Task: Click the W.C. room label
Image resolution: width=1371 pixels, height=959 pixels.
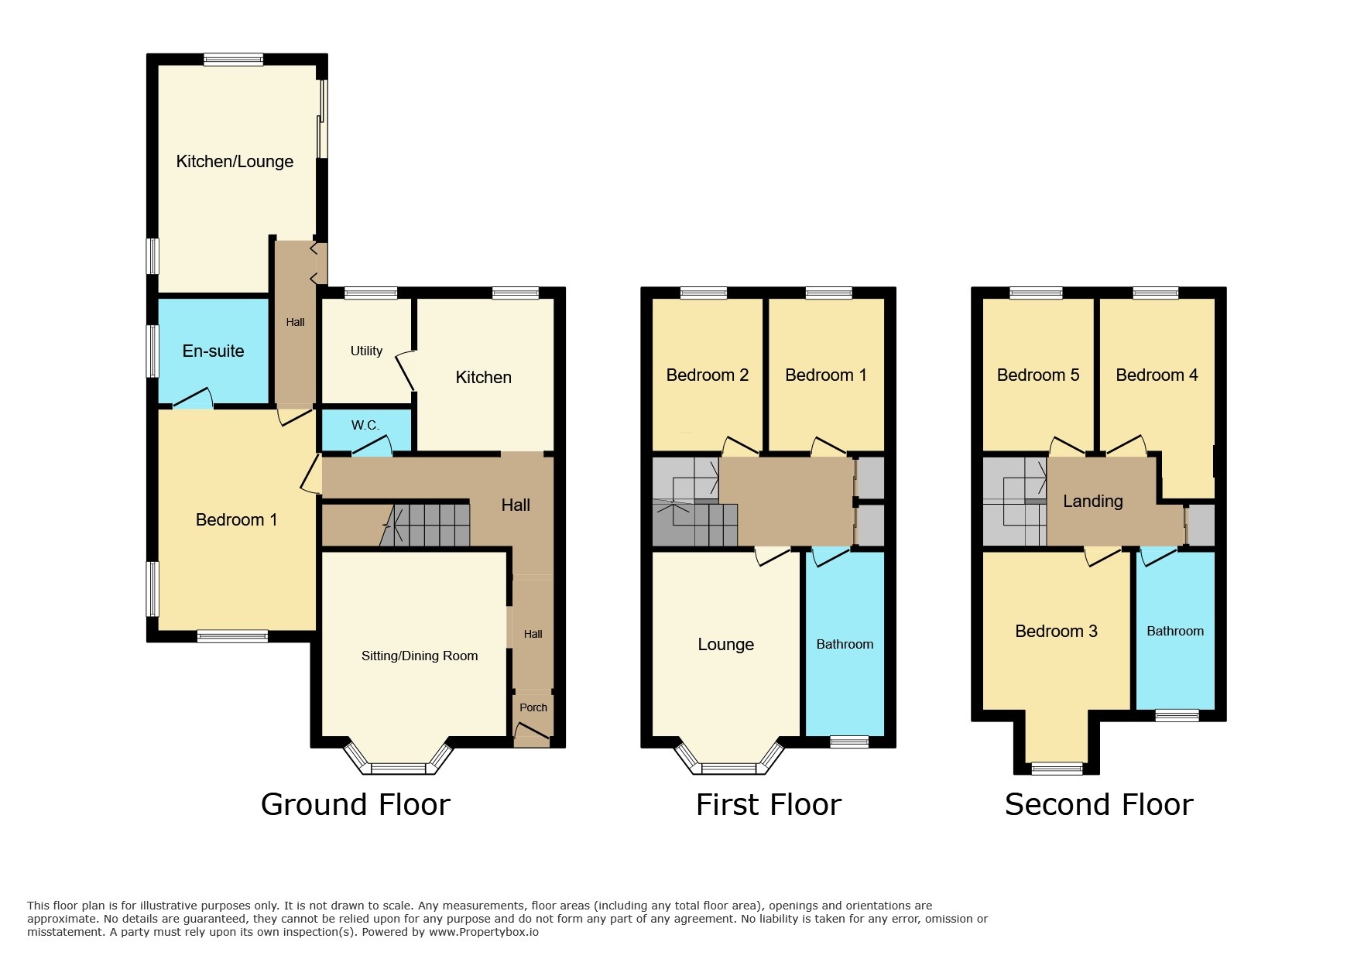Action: click(365, 425)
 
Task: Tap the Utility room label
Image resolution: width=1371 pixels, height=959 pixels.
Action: click(366, 351)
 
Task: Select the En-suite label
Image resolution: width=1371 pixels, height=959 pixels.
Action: click(213, 351)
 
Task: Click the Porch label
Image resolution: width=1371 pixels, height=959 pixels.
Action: click(533, 707)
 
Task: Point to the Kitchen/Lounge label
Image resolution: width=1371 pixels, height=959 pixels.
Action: click(235, 161)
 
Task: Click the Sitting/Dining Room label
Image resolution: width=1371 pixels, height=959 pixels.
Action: click(420, 656)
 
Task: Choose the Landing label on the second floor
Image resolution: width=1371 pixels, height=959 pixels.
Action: click(1092, 501)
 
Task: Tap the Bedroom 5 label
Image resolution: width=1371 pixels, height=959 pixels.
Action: click(1037, 375)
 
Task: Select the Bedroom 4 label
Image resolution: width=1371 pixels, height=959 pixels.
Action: click(1157, 375)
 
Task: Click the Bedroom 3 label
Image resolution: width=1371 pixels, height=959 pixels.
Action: click(1056, 631)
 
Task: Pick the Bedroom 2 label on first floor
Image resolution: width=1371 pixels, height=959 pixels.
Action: click(707, 375)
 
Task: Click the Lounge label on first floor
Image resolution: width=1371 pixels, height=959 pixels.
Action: click(725, 644)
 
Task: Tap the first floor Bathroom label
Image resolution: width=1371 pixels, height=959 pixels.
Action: click(845, 644)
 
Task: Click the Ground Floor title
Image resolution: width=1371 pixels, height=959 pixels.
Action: click(355, 804)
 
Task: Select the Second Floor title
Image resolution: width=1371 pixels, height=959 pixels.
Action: click(1099, 804)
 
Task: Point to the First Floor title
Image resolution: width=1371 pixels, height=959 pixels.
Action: click(768, 804)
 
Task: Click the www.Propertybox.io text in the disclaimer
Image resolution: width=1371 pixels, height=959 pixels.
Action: click(483, 932)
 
